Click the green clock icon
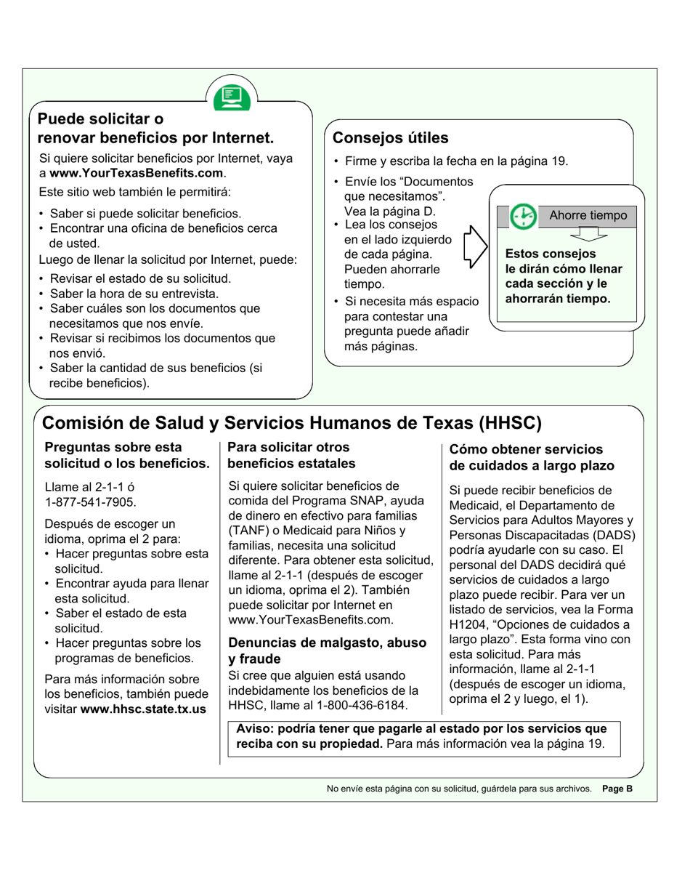522,216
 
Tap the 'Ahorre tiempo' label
588,216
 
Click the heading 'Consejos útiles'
390,138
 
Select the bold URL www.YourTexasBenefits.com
137,173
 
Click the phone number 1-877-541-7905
90,502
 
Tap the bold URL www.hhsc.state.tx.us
143,709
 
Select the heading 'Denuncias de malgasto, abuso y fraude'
327,651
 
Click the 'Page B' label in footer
617,788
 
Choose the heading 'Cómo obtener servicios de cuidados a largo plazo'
532,458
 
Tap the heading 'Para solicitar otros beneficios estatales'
291,456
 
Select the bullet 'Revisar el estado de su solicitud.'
139,278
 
